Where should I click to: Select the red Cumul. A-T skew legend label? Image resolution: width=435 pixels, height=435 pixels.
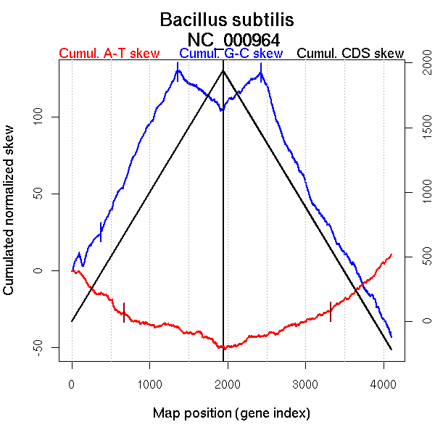pyautogui.click(x=109, y=54)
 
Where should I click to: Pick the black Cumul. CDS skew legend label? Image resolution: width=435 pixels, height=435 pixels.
pyautogui.click(x=351, y=54)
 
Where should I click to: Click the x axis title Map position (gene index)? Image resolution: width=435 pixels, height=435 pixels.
pyautogui.click(x=231, y=413)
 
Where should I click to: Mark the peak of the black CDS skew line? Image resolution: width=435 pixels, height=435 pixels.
pyautogui.click(x=223, y=70)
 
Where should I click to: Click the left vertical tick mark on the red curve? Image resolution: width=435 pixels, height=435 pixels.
pyautogui.click(x=124, y=312)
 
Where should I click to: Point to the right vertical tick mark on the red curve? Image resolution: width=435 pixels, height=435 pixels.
pyautogui.click(x=331, y=312)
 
